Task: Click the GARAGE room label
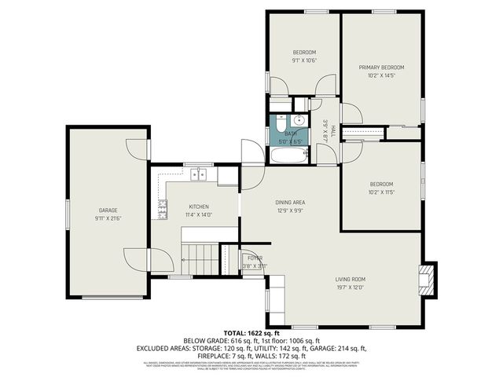[x=107, y=210]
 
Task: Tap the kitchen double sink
[x=200, y=176]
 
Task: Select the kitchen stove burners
[x=163, y=209]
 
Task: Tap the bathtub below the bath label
[x=290, y=155]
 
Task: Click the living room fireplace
[x=427, y=279]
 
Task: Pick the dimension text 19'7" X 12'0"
[x=351, y=287]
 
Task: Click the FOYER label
[x=255, y=258]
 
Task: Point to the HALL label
[x=332, y=130]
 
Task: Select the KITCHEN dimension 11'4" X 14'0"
[x=198, y=214]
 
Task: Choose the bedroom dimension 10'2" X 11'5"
[x=380, y=191]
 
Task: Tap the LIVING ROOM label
[x=351, y=279]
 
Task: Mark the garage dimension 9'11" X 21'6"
[x=107, y=218]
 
